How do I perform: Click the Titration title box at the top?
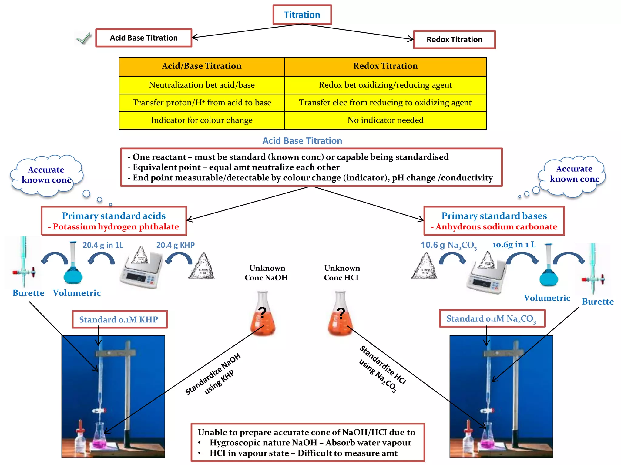[x=302, y=15]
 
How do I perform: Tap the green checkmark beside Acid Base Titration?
[x=84, y=38]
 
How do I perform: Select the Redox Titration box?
[x=454, y=39]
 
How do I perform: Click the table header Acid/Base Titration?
[x=202, y=66]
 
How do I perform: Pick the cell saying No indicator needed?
[x=385, y=120]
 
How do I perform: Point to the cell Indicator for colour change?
[x=202, y=120]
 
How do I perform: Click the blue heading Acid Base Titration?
[x=302, y=141]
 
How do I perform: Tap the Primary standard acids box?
[x=114, y=221]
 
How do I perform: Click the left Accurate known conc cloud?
[x=46, y=175]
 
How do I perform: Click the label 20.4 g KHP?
[x=175, y=245]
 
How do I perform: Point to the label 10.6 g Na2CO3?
[x=448, y=245]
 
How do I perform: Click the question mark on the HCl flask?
[x=341, y=313]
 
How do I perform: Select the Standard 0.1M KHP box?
[x=119, y=319]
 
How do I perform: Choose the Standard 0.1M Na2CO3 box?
[x=492, y=318]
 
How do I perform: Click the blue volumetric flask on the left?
[x=73, y=266]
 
